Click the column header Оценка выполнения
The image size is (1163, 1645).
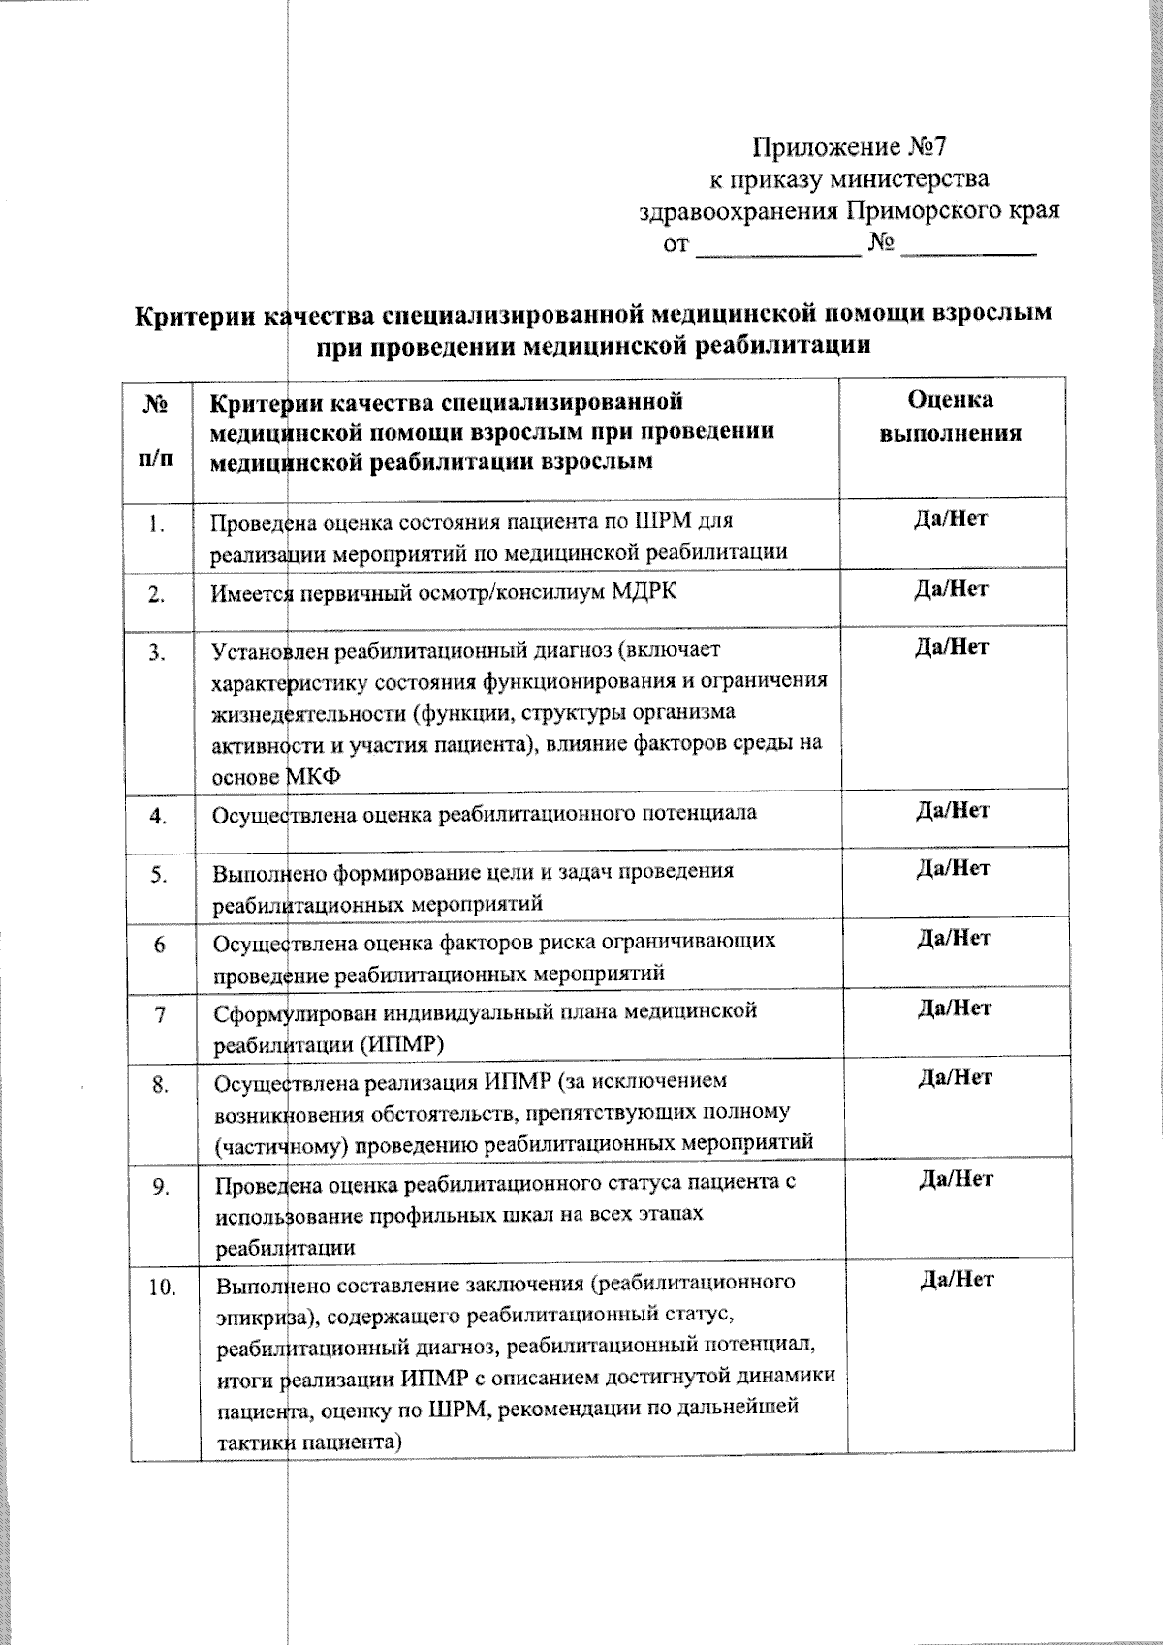click(951, 417)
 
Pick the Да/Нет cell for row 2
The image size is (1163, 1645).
click(952, 589)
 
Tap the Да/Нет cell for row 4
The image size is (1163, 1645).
click(954, 810)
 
